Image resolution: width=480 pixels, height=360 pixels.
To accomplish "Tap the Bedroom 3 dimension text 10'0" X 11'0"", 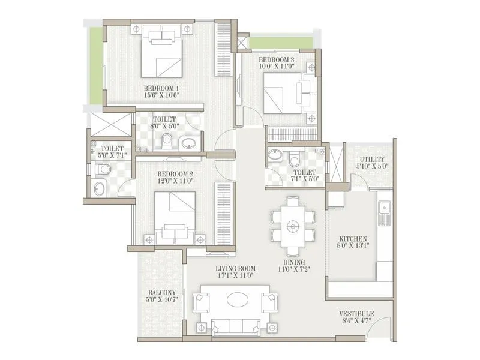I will [x=276, y=68].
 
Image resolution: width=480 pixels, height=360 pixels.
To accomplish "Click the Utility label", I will [x=371, y=157].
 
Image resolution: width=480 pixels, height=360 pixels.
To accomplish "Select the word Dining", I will [x=292, y=262].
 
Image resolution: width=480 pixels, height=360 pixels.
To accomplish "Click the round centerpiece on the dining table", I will [x=293, y=226].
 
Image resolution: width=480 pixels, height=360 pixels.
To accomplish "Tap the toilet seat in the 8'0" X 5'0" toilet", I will [x=168, y=140].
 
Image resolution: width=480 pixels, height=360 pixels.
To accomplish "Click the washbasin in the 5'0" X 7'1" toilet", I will [x=100, y=191].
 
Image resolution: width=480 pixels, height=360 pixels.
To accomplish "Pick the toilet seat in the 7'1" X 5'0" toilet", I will [x=294, y=160].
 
